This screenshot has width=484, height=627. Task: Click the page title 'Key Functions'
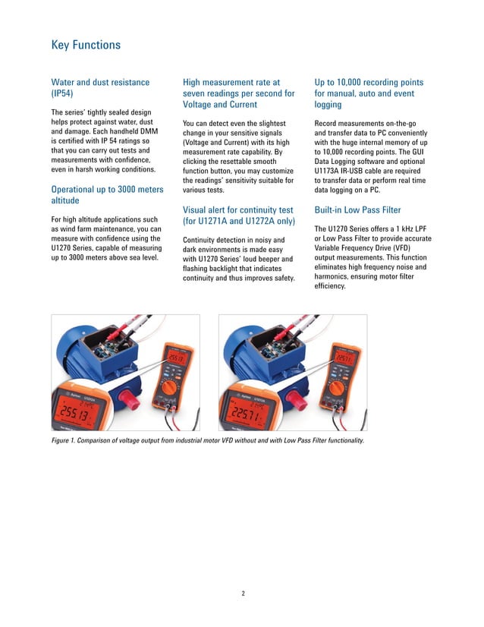[85, 46]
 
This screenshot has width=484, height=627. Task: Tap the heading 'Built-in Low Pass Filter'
[357, 210]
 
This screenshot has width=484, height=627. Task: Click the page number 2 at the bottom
[243, 594]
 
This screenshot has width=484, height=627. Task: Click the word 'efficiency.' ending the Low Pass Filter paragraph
[330, 287]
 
